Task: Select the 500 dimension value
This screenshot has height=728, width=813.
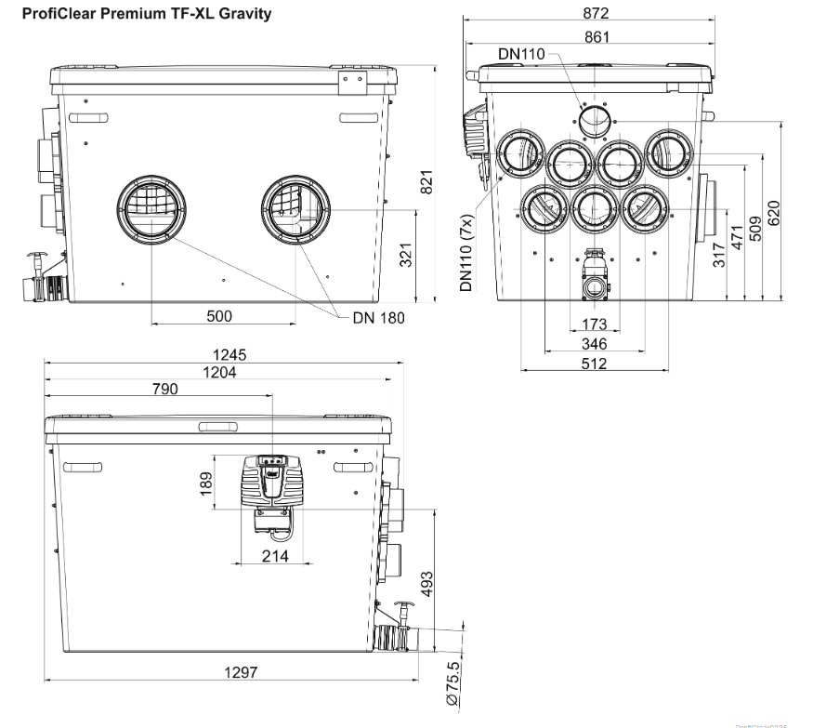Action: [x=219, y=316]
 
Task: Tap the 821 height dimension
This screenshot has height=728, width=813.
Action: [x=427, y=184]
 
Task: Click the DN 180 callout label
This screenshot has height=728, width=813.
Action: [x=379, y=317]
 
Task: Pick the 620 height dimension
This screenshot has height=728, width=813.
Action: [x=774, y=212]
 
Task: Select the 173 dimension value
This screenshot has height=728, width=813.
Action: [x=594, y=324]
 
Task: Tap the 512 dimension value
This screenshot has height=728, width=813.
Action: [x=594, y=364]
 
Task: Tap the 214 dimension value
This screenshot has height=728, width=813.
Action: [x=274, y=556]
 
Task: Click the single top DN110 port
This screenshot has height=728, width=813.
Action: [x=594, y=121]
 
